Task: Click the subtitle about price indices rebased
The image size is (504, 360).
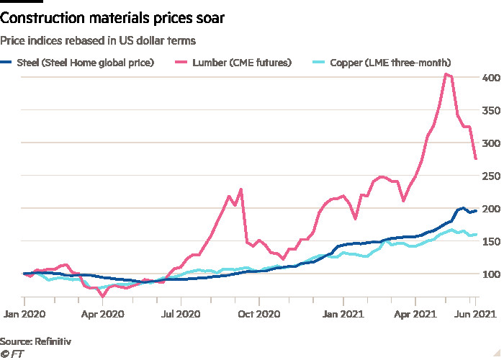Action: (98, 41)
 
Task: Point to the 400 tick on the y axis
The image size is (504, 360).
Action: (490, 78)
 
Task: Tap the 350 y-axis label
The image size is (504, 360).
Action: (490, 110)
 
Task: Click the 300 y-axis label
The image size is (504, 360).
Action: (490, 143)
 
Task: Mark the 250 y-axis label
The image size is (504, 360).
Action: (490, 176)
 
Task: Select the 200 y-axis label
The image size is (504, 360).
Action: (490, 209)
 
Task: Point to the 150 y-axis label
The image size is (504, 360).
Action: (490, 241)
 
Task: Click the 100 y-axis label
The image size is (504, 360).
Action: (490, 274)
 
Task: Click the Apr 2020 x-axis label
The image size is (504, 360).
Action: (102, 314)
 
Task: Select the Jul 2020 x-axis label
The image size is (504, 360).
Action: (180, 314)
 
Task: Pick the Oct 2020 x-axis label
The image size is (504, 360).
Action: (258, 314)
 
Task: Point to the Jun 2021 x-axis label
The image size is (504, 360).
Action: (474, 314)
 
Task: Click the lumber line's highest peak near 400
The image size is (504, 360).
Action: (447, 74)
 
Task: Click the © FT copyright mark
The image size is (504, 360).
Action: (12, 353)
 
